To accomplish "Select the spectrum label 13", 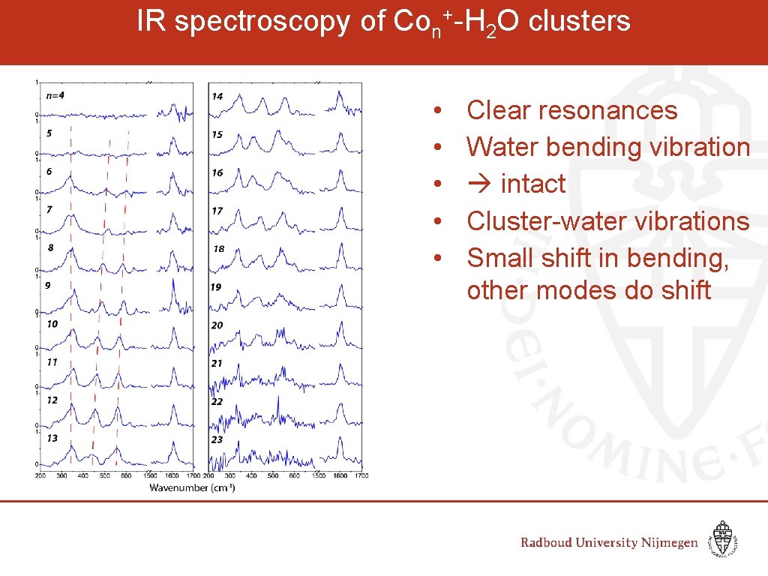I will pos(52,438).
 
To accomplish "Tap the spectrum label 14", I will pos(217,96).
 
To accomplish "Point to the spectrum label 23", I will pos(217,439).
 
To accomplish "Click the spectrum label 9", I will pos(48,286).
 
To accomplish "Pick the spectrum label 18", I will pos(217,248).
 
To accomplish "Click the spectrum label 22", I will pos(217,402).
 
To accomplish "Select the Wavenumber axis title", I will pos(191,488).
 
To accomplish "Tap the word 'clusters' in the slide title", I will pos(580,22).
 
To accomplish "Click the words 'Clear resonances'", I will pos(571,110).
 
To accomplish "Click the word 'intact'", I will pos(532,184).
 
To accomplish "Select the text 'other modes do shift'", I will pos(588,289).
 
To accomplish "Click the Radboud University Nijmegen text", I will pos(609,543).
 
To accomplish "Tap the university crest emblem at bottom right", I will pos(723,540).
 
